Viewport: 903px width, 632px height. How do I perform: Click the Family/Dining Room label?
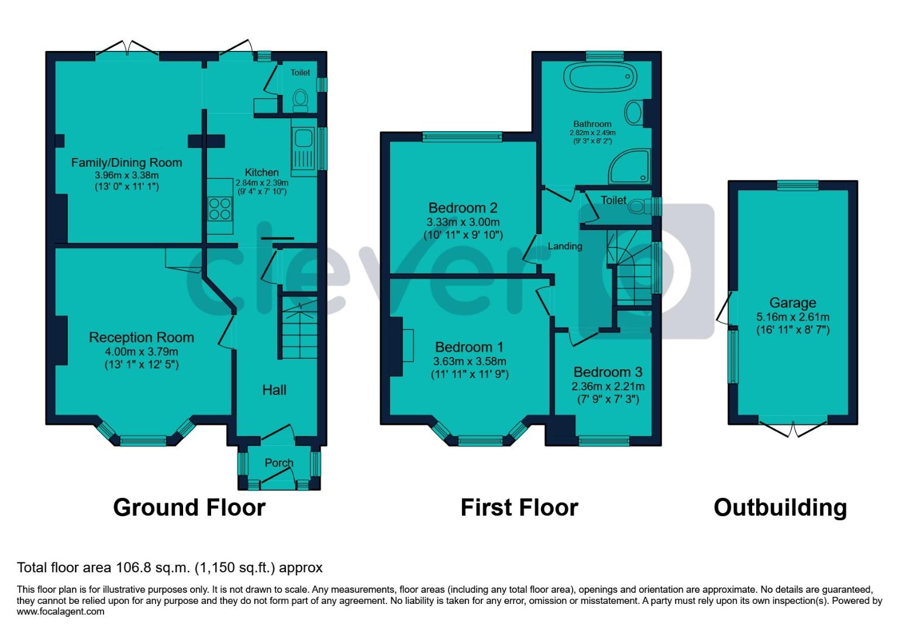coord(126,163)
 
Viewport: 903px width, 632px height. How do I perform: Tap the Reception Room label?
coord(141,338)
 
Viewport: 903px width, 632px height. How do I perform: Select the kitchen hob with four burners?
coord(220,208)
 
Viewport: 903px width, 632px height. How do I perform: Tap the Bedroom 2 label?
coord(463,208)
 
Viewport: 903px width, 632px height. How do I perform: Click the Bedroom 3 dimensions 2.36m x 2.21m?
coord(608,386)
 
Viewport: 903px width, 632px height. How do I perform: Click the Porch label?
coord(279,463)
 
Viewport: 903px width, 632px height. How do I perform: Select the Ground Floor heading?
coord(189,507)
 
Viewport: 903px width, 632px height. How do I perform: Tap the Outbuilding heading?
coord(780,507)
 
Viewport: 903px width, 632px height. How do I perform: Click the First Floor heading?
coord(519,507)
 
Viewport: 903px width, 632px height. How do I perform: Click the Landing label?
coord(564,246)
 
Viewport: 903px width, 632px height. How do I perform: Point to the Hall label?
coord(274,390)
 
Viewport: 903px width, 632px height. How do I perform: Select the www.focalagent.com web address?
coord(61,612)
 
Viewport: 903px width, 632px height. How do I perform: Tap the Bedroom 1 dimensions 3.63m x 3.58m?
coord(470,361)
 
